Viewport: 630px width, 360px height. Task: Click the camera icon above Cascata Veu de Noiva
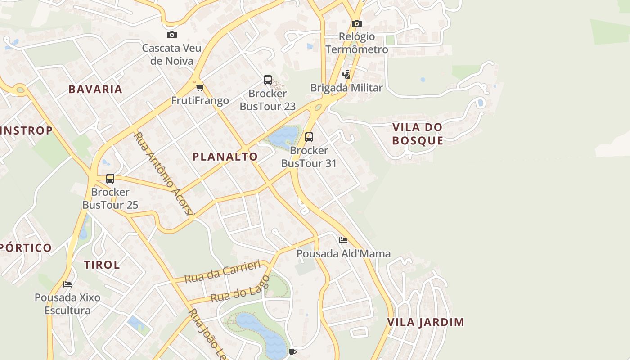pyautogui.click(x=171, y=35)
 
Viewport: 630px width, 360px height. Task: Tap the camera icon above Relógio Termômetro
pyautogui.click(x=356, y=23)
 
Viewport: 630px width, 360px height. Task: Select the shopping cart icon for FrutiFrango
pyautogui.click(x=200, y=87)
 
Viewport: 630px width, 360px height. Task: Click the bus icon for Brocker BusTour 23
pyautogui.click(x=268, y=80)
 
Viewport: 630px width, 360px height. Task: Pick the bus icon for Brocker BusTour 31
pyautogui.click(x=309, y=137)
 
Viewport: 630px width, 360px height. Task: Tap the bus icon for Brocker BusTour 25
pyautogui.click(x=110, y=179)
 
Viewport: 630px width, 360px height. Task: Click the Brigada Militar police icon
pyautogui.click(x=346, y=75)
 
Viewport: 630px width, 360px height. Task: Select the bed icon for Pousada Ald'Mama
pyautogui.click(x=343, y=240)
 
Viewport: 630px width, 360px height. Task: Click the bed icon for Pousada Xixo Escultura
pyautogui.click(x=67, y=284)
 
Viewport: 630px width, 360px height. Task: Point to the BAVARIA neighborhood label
pyautogui.click(x=95, y=89)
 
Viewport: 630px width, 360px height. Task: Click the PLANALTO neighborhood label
pyautogui.click(x=225, y=157)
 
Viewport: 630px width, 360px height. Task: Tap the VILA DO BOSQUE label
pyautogui.click(x=417, y=134)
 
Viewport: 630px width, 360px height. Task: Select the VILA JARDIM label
pyautogui.click(x=425, y=322)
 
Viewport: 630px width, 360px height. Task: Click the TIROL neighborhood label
pyautogui.click(x=102, y=265)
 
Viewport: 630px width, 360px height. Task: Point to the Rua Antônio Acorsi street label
pyautogui.click(x=164, y=173)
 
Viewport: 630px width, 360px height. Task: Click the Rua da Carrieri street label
pyautogui.click(x=223, y=271)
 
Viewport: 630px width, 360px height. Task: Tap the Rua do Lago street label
pyautogui.click(x=240, y=289)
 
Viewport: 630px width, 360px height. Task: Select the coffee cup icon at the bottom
pyautogui.click(x=292, y=352)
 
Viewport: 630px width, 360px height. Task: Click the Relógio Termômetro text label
pyautogui.click(x=356, y=43)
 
